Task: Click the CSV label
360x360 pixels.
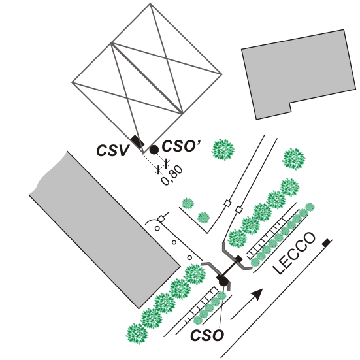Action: [x=112, y=151]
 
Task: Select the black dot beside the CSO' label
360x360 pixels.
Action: [x=154, y=150]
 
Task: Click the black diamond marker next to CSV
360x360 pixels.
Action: [x=137, y=141]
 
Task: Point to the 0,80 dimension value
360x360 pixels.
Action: [x=172, y=175]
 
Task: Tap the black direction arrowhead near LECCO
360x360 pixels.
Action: [x=257, y=294]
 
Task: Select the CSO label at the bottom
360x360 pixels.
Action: [x=207, y=335]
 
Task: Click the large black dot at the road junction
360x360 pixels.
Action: [x=223, y=281]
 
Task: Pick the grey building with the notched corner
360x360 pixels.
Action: [x=299, y=73]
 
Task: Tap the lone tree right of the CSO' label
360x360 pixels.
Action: [x=223, y=150]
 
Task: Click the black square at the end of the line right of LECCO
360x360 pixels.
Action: [x=326, y=243]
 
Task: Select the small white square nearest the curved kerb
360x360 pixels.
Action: [x=161, y=219]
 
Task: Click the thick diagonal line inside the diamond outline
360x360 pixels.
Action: [x=147, y=78]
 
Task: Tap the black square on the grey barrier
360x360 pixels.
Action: [x=238, y=259]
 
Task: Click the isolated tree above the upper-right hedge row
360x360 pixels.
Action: [x=293, y=159]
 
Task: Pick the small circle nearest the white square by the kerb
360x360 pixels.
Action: [x=157, y=229]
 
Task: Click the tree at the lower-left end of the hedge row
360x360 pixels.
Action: [x=137, y=334]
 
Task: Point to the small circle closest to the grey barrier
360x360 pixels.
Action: [x=189, y=258]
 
